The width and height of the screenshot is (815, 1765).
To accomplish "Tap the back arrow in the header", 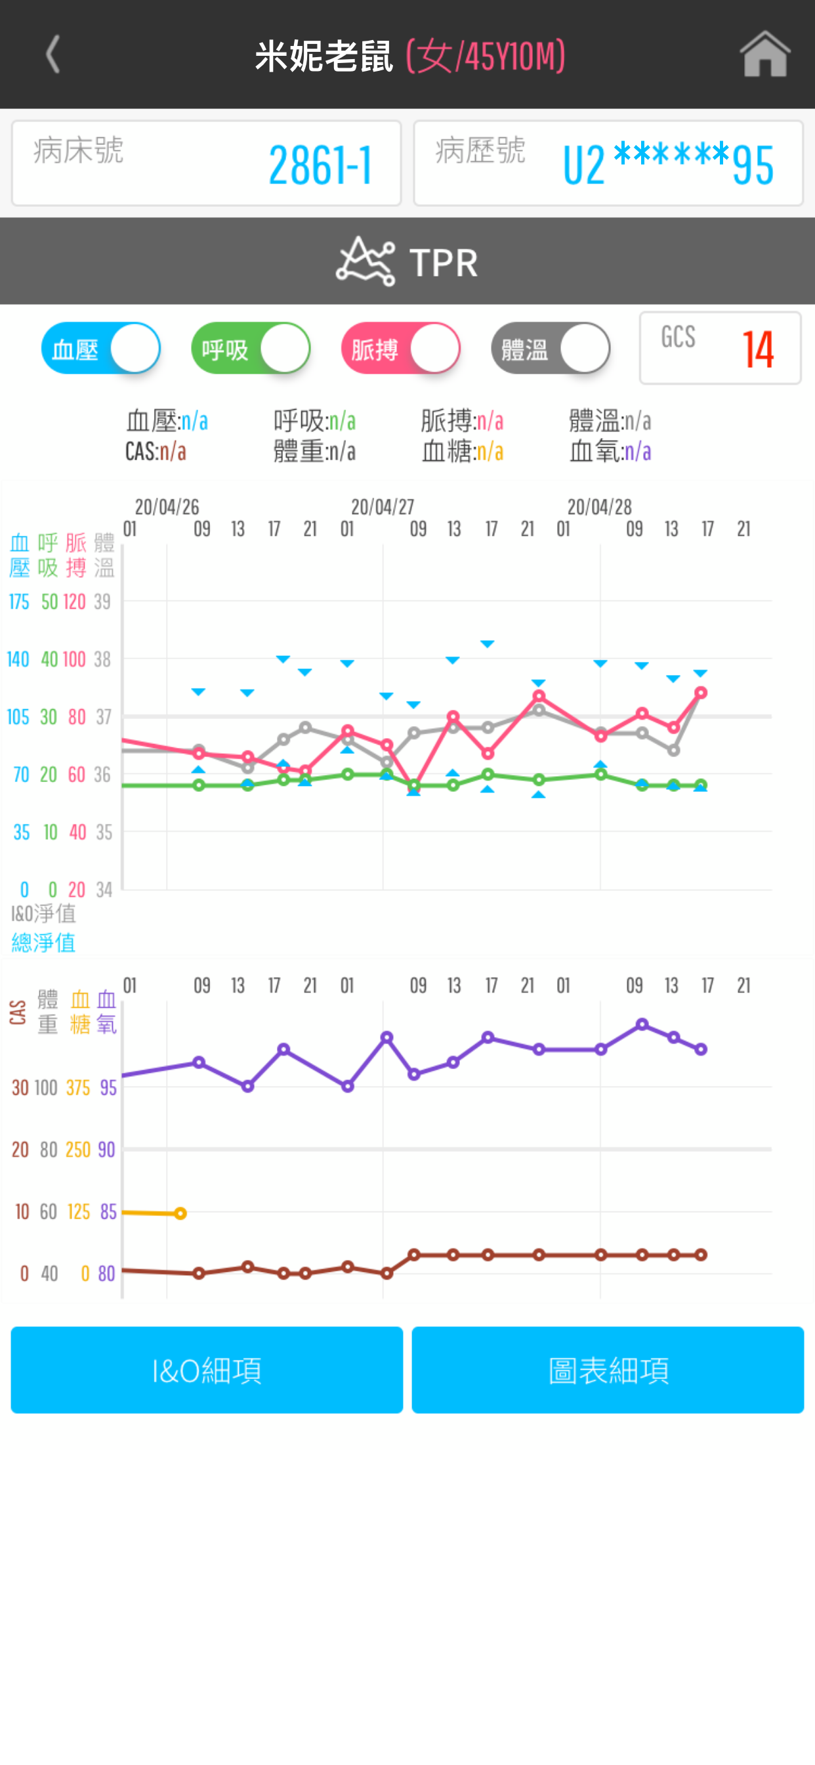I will click(52, 54).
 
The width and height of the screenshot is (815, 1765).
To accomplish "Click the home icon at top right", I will click(764, 54).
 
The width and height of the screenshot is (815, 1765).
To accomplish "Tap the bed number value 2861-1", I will click(320, 165).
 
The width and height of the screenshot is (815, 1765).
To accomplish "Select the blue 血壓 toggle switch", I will click(100, 348).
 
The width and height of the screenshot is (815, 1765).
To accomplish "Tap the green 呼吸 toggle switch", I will click(251, 348).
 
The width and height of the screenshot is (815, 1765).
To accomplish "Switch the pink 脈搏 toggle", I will click(401, 348).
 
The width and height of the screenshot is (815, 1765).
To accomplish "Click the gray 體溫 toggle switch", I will click(551, 348).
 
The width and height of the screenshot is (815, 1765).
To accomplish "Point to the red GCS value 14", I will click(757, 349).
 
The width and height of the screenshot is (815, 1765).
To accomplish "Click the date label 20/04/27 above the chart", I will click(382, 507).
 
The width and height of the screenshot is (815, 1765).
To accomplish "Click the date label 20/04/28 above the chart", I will click(599, 507).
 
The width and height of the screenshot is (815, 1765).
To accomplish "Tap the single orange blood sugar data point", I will click(180, 1213).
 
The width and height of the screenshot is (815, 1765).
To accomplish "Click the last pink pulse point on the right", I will click(701, 693).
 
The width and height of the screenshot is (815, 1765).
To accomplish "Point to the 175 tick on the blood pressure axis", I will click(18, 601).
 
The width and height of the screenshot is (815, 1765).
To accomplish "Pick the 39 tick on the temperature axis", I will click(103, 601).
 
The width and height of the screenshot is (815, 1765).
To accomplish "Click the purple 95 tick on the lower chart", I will click(108, 1087).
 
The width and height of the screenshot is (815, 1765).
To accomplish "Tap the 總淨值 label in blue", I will click(44, 943).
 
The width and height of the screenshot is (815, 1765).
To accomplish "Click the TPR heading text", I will click(443, 263).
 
